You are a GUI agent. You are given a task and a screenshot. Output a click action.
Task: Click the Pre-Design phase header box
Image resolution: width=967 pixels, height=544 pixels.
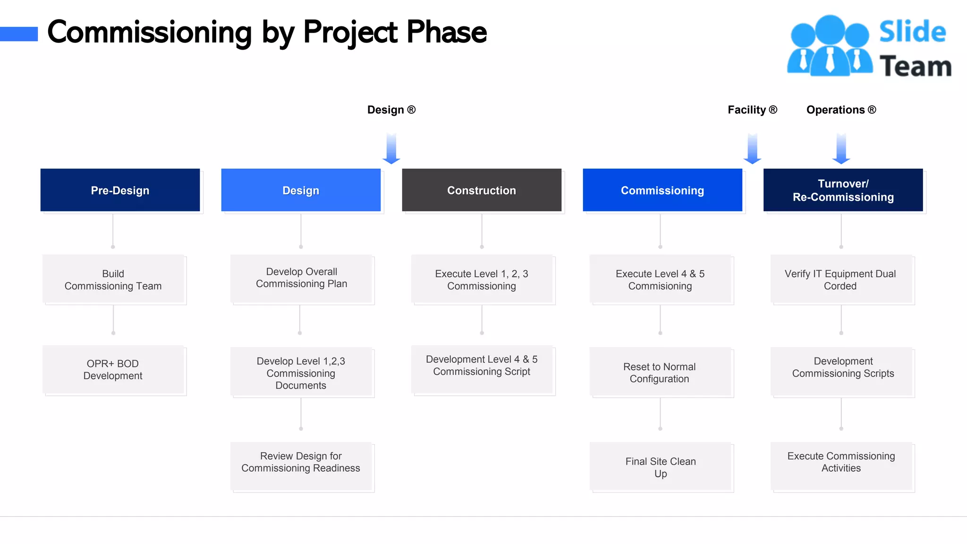(120, 190)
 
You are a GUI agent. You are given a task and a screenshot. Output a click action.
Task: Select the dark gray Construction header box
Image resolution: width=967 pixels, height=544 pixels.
(482, 190)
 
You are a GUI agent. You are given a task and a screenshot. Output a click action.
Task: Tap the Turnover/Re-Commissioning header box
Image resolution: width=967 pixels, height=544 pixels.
(843, 190)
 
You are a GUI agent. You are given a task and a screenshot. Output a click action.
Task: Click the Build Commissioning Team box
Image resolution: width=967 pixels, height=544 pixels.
(113, 279)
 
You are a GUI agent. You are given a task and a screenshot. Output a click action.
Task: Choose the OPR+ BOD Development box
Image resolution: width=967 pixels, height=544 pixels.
(113, 370)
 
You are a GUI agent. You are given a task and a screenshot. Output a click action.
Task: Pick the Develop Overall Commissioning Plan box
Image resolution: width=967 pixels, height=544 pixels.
(301, 278)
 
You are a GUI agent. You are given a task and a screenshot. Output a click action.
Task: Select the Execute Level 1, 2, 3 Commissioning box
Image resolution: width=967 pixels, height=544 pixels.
(482, 279)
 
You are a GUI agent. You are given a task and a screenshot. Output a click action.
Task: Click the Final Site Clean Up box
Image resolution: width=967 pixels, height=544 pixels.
(660, 467)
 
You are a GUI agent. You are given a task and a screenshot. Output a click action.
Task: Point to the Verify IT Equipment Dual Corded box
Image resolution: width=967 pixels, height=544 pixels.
(841, 279)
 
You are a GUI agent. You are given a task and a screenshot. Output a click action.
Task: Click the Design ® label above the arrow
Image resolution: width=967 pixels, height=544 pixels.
(391, 110)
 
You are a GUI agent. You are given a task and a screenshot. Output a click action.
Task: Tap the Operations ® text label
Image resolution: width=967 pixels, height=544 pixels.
(841, 110)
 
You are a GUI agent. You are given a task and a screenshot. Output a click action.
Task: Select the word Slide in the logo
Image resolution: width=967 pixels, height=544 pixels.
(912, 32)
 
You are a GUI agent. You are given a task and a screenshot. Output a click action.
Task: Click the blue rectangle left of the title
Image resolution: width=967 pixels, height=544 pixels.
(19, 34)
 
